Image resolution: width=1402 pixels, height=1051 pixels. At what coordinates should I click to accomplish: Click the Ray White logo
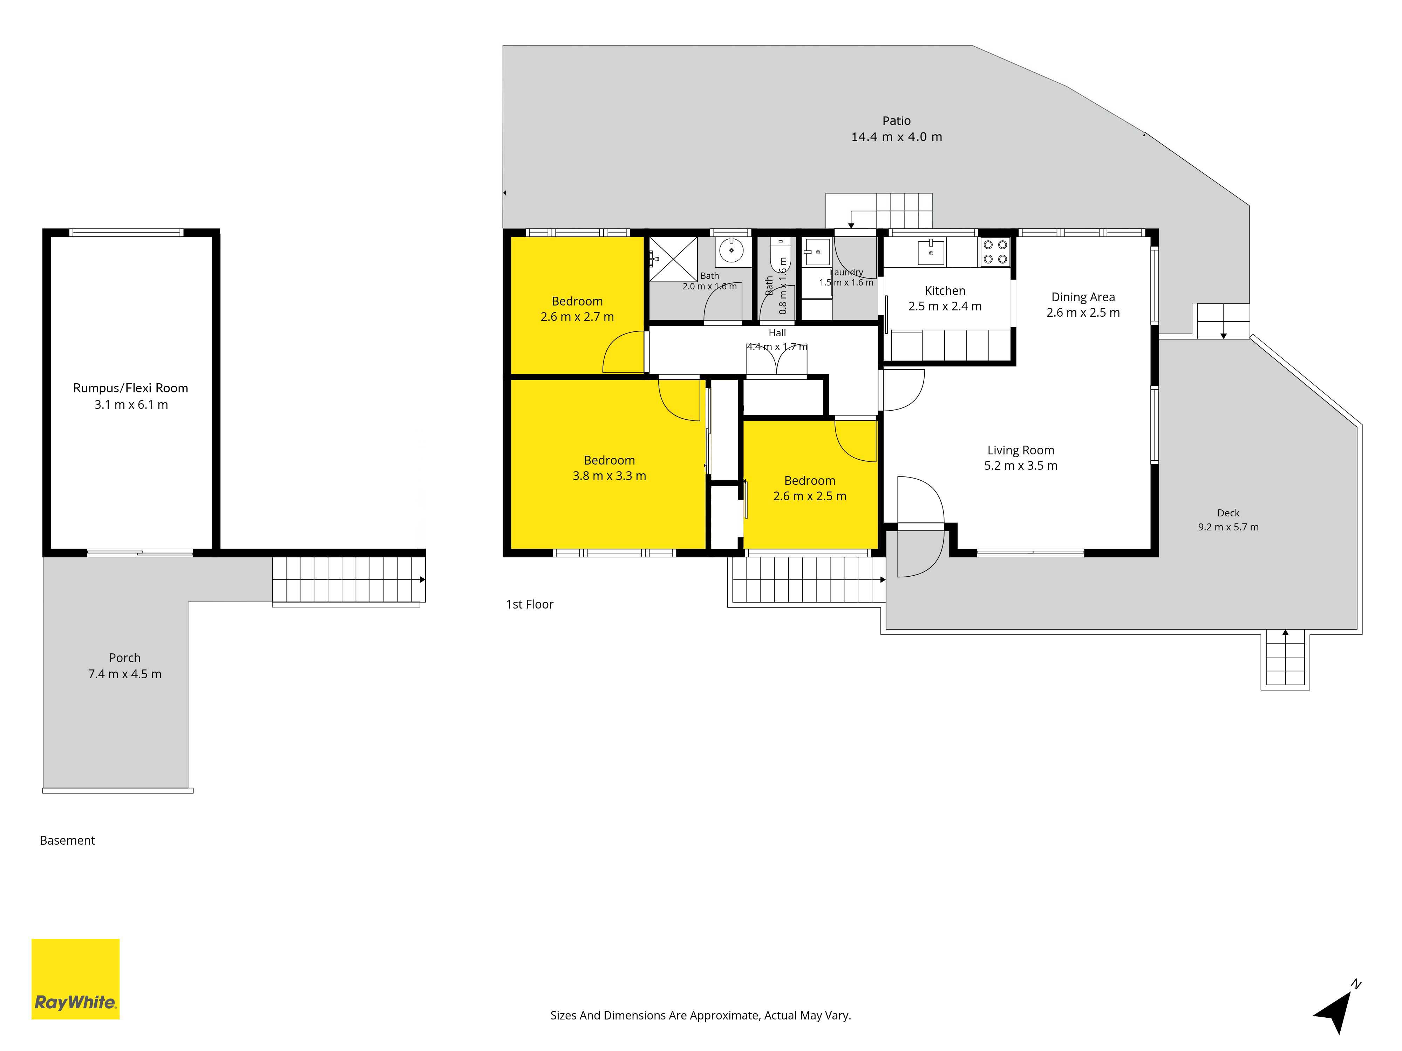tap(75, 979)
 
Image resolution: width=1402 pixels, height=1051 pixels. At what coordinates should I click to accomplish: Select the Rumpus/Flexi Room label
tap(131, 388)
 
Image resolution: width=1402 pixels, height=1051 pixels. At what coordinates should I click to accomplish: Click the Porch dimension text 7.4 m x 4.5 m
tap(125, 674)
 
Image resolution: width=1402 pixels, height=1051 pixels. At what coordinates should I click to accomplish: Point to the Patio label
tap(896, 121)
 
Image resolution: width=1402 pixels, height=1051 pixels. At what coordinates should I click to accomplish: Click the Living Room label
tap(1020, 451)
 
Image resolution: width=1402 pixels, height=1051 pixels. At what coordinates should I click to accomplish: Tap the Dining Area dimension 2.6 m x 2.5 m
tap(1083, 312)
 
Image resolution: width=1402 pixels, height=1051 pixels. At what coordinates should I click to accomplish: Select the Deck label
tap(1229, 513)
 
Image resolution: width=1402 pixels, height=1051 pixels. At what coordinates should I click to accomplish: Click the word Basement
tap(67, 841)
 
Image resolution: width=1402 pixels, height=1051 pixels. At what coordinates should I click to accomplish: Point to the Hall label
tap(777, 333)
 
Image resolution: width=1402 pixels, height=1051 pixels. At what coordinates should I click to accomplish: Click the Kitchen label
tap(945, 291)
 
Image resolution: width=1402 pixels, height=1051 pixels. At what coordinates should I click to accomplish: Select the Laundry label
tap(847, 273)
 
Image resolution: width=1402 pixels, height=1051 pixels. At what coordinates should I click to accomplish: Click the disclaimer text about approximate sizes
tap(700, 1016)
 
